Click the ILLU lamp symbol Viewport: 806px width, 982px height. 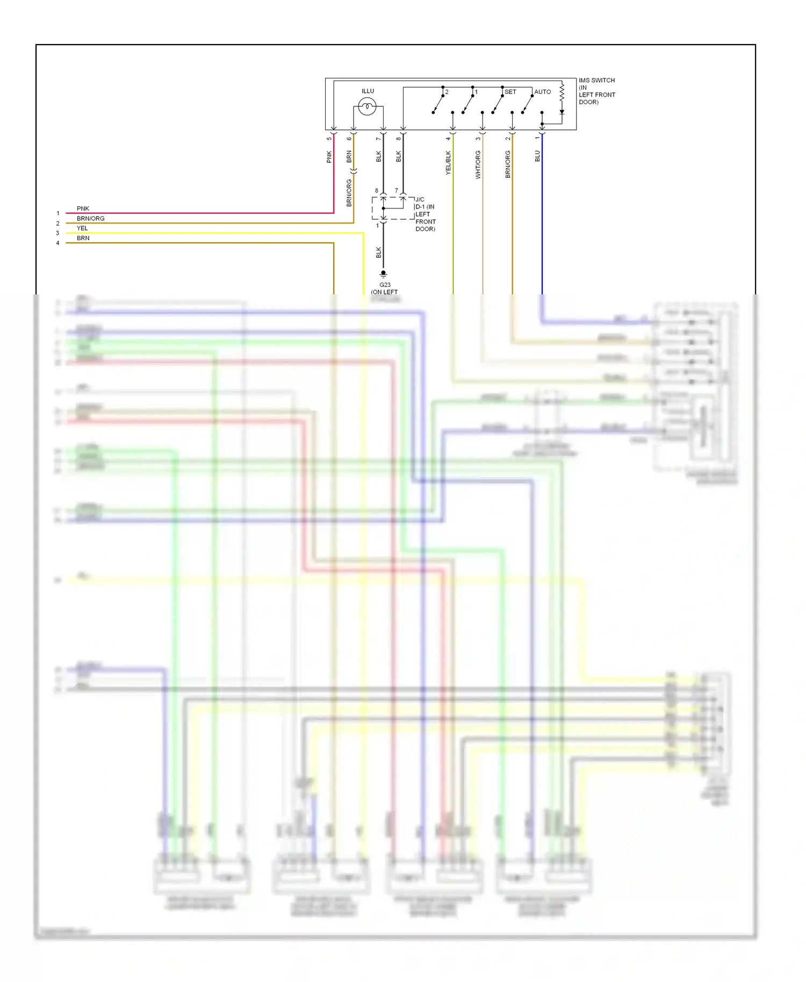coord(367,106)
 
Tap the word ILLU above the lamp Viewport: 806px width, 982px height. coord(368,91)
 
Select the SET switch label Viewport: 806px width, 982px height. coord(510,92)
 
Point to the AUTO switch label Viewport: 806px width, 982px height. coord(542,92)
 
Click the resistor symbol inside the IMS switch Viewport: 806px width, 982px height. coord(562,92)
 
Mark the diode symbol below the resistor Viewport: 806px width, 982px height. coord(562,112)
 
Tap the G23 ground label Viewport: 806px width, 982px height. coord(385,285)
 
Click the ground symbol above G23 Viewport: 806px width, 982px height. coord(383,274)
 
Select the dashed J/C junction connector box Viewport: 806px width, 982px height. coord(393,208)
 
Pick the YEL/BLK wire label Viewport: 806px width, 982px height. coord(448,162)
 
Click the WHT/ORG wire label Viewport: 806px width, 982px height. coord(478,164)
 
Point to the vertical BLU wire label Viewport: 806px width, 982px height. coord(537,156)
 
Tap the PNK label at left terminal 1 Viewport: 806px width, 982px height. coord(83,208)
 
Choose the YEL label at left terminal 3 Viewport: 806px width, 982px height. coord(82,228)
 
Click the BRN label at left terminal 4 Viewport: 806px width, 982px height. coord(83,238)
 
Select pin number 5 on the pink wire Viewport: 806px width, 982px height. coord(329,139)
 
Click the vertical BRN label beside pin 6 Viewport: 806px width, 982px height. coord(349,156)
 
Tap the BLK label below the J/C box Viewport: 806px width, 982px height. coord(378,252)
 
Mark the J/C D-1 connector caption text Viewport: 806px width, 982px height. coord(425,214)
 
